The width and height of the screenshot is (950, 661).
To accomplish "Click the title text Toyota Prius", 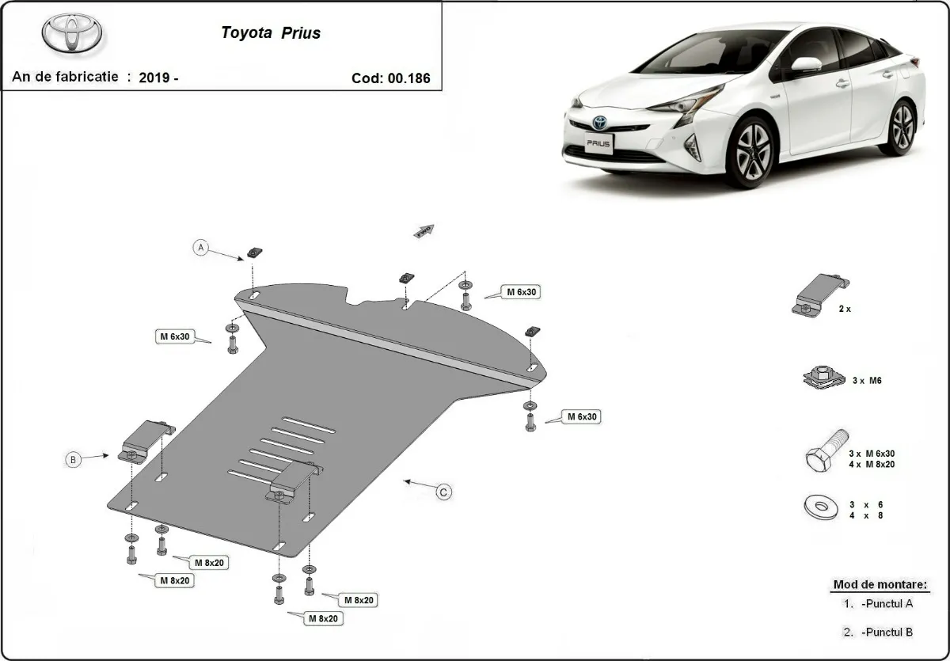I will coord(271,33).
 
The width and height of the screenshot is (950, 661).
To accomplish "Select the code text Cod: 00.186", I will coord(390,78).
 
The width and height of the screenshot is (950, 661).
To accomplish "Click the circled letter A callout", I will coord(201,248).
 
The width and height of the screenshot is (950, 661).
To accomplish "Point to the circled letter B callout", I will coord(73,459).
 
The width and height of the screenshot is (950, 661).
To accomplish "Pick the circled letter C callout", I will coord(444,492).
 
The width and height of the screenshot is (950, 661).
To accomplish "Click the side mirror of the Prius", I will coord(806,64).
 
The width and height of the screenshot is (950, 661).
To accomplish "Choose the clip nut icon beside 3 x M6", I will coord(823,377).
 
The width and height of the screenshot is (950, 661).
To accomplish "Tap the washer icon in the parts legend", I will coord(822,507).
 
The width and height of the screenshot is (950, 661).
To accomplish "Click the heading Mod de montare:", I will coord(879,585).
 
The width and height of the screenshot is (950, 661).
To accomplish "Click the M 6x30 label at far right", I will coord(580,416).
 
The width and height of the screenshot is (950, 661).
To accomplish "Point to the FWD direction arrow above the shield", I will coord(423,230).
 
